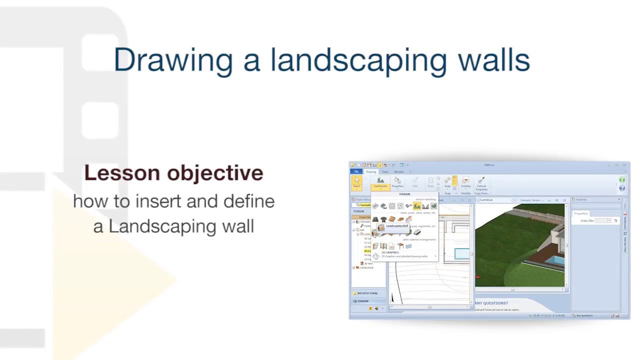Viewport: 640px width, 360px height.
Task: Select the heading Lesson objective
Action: [173, 173]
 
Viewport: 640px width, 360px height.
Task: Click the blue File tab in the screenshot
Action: [356, 171]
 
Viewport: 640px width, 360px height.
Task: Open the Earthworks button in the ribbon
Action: [380, 182]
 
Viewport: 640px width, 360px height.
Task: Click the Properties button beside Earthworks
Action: [397, 182]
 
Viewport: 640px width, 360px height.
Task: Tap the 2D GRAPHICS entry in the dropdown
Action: [390, 252]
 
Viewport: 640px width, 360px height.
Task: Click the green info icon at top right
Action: [622, 180]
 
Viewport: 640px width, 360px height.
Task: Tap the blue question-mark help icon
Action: [622, 188]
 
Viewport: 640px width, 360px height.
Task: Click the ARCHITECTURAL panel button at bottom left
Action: [367, 293]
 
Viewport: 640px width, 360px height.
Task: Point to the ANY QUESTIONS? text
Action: [491, 303]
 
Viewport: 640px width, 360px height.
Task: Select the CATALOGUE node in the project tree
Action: [366, 267]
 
